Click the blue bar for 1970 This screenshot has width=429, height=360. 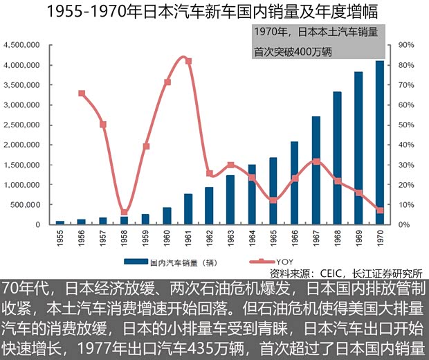[x=379, y=143]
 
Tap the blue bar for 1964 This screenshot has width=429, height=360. [x=252, y=195]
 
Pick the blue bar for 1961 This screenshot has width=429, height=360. [x=188, y=209]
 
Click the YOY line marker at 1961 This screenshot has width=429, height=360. [x=188, y=62]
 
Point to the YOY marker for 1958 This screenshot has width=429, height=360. [x=125, y=213]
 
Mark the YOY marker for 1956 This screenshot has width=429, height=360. [x=82, y=93]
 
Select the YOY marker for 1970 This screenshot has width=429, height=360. [x=379, y=210]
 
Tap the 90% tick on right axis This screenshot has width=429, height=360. [x=405, y=45]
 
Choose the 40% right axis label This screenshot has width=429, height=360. [x=405, y=145]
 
